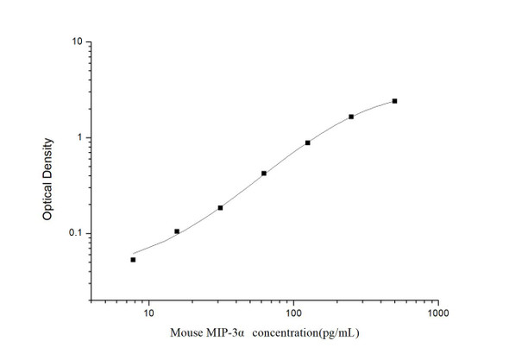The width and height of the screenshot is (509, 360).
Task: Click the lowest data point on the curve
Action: coord(133,259)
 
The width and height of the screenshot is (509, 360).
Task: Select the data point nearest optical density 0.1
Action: coord(177,231)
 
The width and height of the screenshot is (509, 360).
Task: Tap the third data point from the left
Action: coord(220,208)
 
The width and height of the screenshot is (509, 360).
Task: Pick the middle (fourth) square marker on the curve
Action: coord(264,174)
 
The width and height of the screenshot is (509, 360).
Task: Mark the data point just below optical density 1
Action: coord(308,142)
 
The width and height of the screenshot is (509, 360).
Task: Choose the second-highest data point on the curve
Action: coord(351,117)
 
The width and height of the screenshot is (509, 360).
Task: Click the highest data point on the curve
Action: coord(394,101)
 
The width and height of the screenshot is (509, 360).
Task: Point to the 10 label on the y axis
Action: coord(77,42)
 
